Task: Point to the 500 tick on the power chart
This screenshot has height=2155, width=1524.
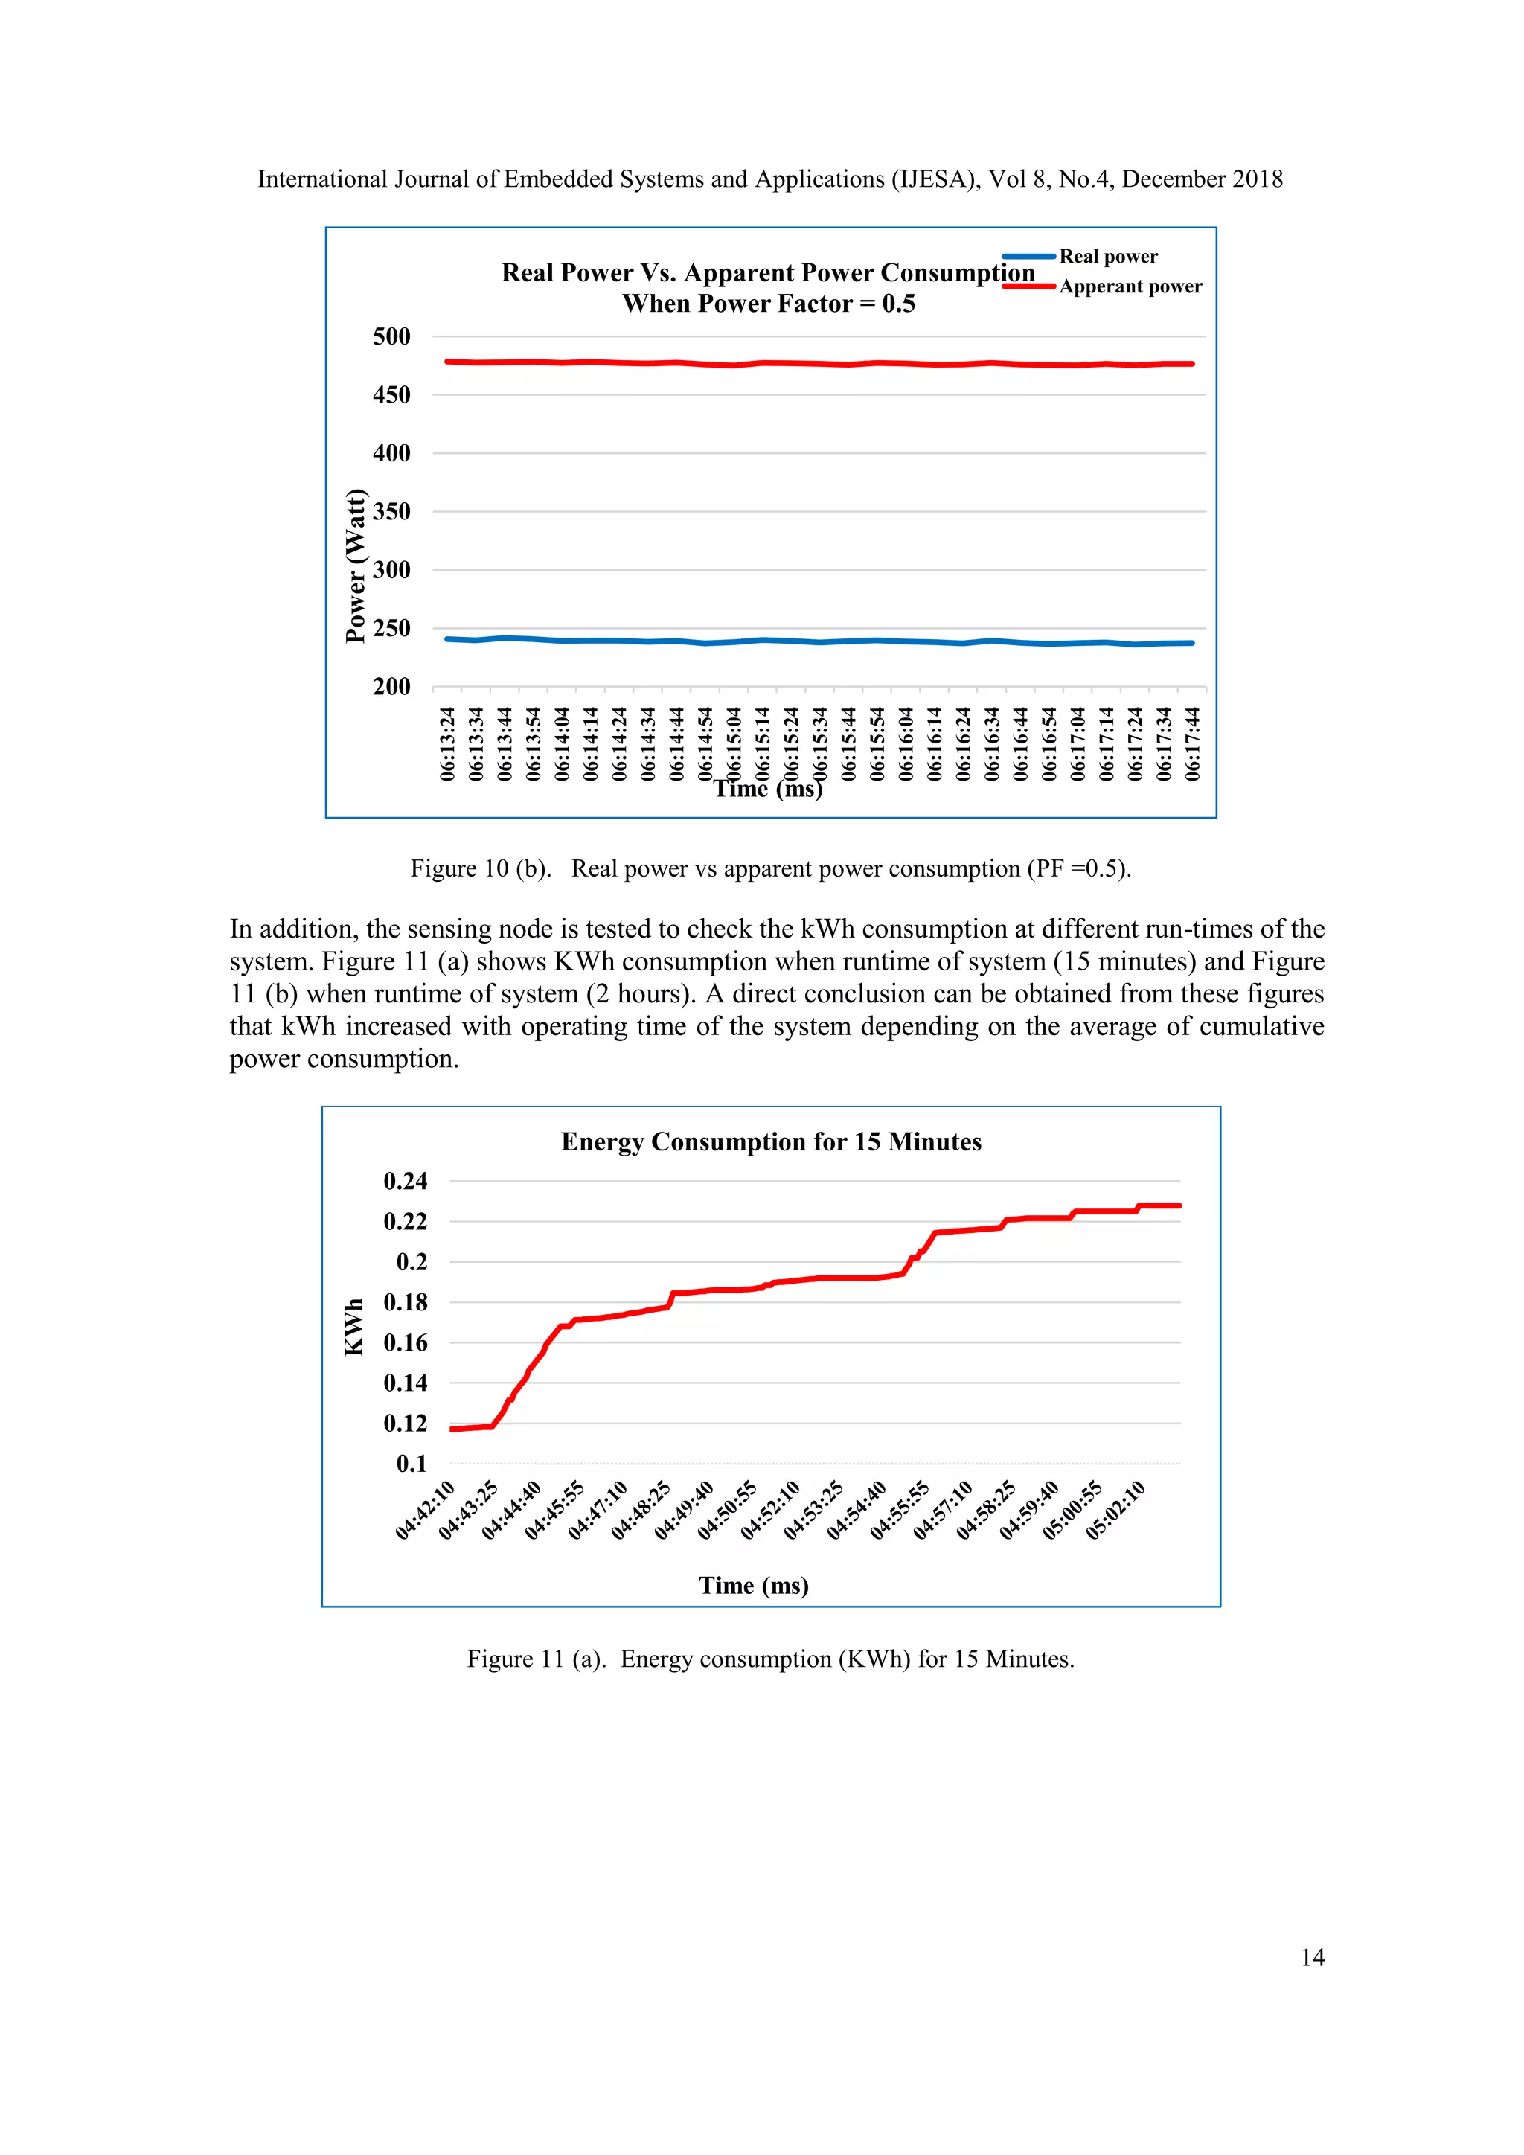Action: coord(391,336)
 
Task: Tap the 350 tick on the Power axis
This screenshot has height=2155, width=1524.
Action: coord(391,511)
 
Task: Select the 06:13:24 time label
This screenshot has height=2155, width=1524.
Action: coord(448,744)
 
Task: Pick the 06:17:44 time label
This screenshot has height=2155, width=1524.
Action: coord(1192,744)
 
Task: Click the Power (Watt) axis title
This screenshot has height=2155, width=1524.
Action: coord(355,566)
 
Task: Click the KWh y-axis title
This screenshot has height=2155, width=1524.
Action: coord(353,1328)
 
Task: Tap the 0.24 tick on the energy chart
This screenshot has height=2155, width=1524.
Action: coord(405,1181)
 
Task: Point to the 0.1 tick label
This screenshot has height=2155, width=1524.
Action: coord(411,1463)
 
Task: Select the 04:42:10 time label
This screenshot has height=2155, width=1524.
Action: coord(425,1510)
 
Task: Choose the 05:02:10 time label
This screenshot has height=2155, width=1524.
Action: coord(1115,1510)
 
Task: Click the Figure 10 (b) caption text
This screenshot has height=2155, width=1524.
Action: coord(770,868)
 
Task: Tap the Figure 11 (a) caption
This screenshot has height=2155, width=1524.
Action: coord(770,1659)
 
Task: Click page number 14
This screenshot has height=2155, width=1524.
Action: coord(1312,1957)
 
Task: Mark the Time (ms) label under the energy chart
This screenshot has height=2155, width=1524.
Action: coord(754,1585)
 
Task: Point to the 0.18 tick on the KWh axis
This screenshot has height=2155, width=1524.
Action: coord(405,1301)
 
